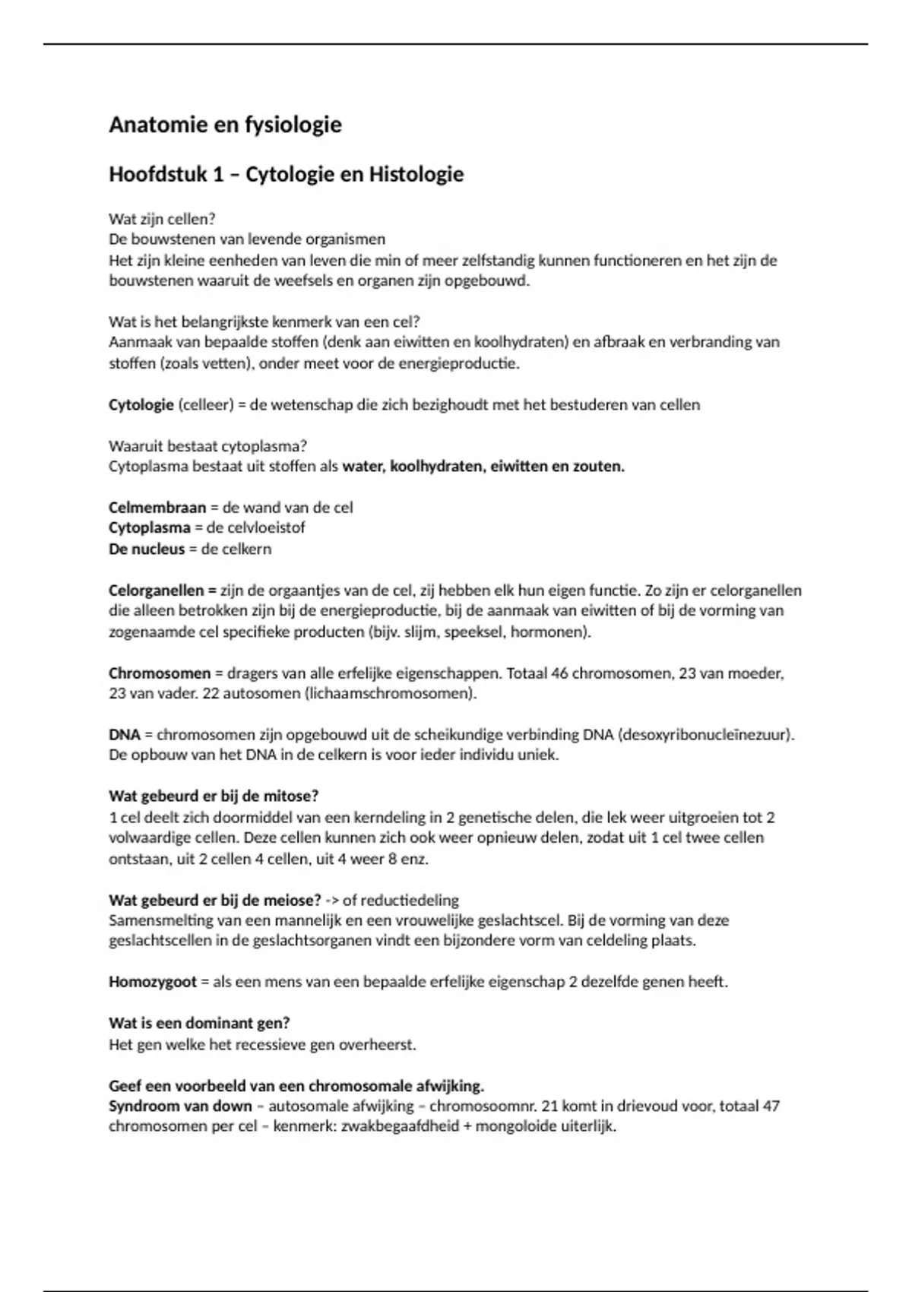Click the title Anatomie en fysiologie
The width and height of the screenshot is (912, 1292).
tap(225, 125)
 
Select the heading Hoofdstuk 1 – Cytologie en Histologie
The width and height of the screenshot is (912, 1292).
tap(286, 175)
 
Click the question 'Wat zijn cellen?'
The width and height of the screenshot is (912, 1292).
tap(162, 219)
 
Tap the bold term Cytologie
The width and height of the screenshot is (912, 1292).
tap(141, 405)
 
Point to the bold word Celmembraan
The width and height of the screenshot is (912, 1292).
tap(157, 508)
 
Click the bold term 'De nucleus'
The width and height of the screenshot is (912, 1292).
tap(147, 549)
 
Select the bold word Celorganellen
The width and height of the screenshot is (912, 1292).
tap(157, 591)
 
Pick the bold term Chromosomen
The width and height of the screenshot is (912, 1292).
tap(160, 673)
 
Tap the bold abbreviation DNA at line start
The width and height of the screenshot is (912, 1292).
tap(125, 735)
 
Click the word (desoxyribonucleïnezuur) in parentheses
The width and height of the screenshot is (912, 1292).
tap(706, 735)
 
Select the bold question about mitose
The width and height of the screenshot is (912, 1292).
tap(214, 796)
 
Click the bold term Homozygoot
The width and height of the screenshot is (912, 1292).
tap(153, 982)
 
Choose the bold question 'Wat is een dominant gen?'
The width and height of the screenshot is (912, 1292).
tap(199, 1024)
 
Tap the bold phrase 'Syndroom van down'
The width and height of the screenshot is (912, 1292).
tap(180, 1107)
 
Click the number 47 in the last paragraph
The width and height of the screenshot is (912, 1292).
tap(771, 1107)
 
